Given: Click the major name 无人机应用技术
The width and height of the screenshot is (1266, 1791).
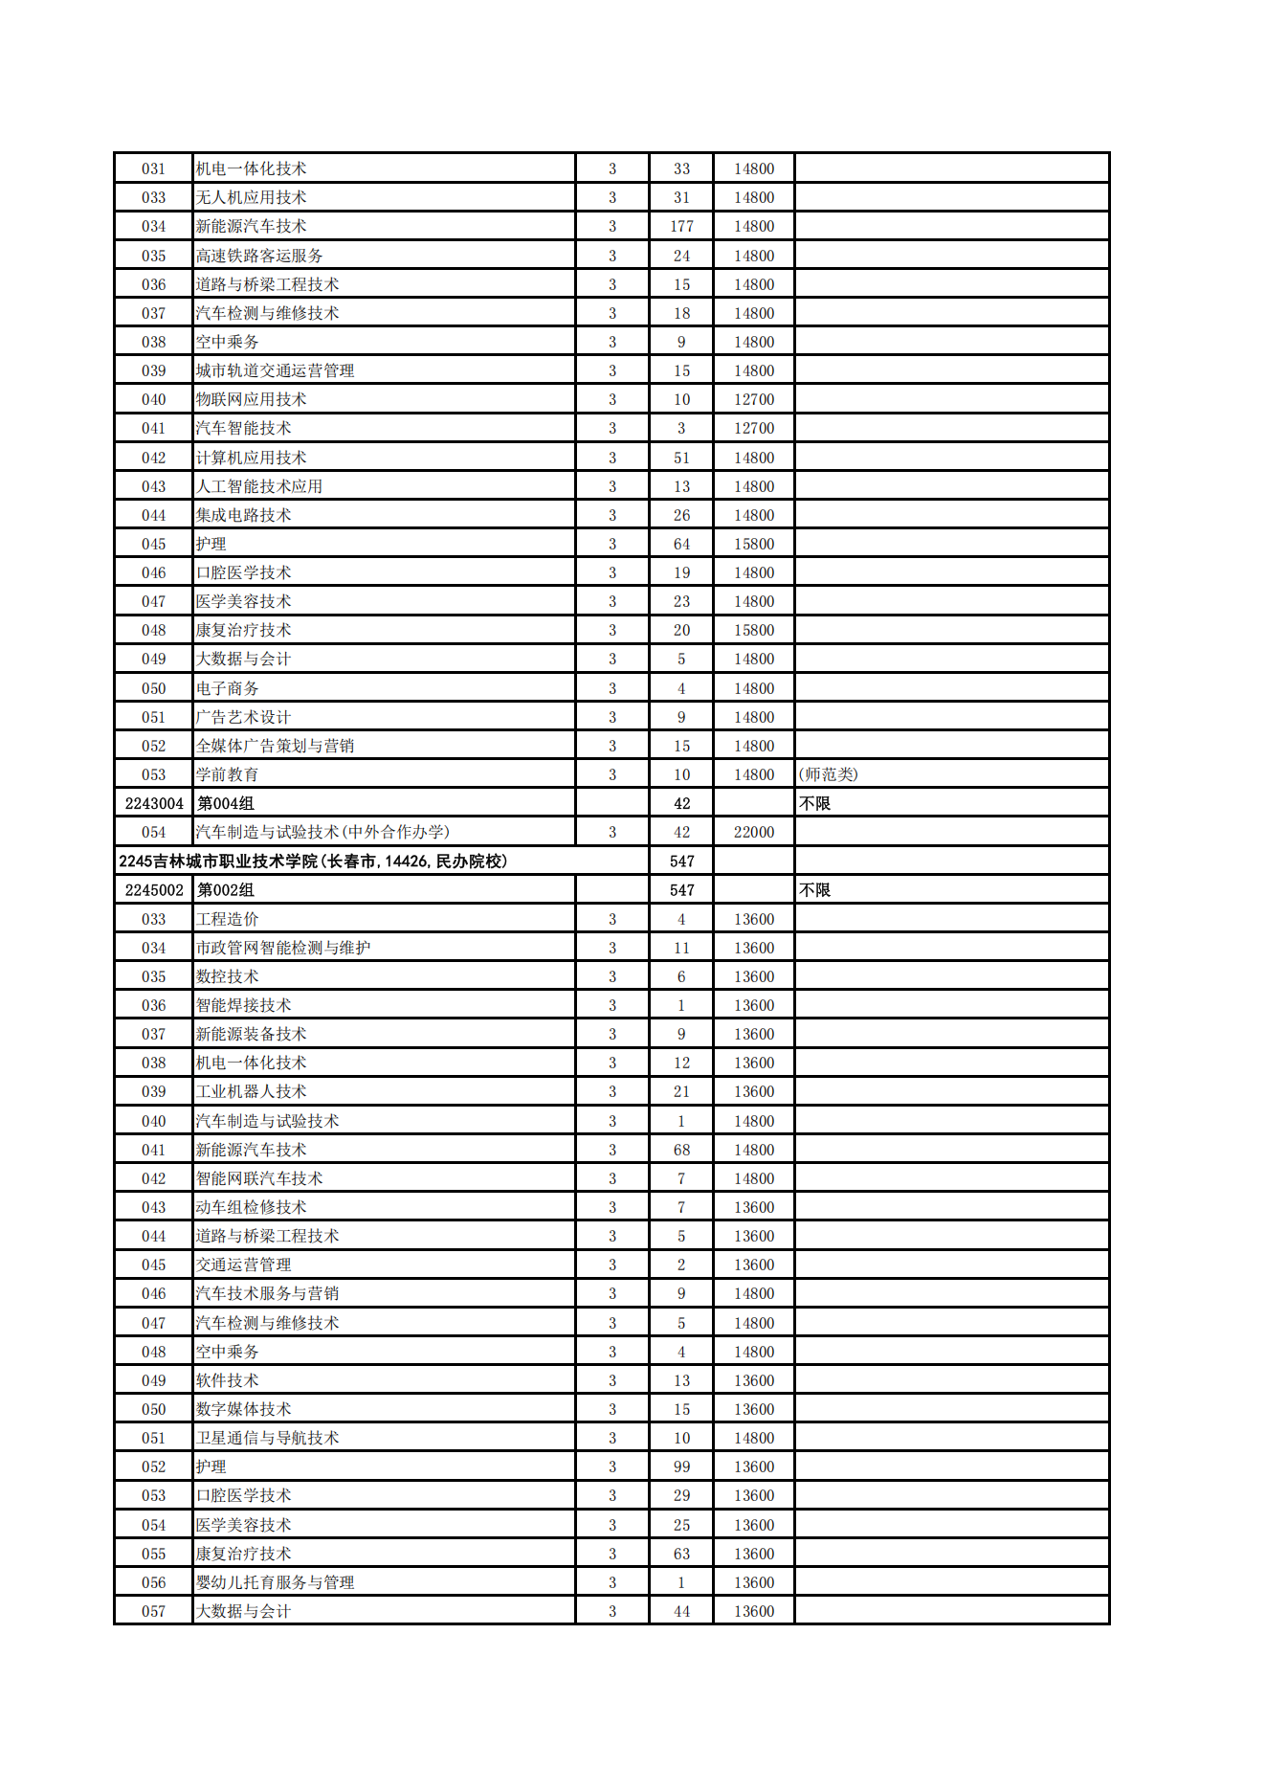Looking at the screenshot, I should click(x=251, y=197).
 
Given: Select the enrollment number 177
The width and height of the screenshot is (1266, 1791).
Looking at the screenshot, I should click(x=681, y=226).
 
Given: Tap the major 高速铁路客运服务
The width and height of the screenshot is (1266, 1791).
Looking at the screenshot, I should click(x=259, y=256).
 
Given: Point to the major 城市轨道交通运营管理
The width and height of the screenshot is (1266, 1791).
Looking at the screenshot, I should click(x=275, y=370).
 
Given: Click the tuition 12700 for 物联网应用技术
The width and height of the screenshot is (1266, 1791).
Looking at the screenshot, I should click(x=754, y=399).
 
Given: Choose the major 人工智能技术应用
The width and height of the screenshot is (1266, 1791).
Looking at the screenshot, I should click(x=259, y=486).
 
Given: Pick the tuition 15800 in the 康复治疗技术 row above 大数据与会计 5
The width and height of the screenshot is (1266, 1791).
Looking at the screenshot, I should click(x=754, y=630).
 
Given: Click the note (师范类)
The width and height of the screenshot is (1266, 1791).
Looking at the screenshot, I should click(x=828, y=774).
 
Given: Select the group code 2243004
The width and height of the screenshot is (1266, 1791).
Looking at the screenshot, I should click(x=154, y=803).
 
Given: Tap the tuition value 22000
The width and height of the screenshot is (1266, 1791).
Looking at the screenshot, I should click(x=754, y=832).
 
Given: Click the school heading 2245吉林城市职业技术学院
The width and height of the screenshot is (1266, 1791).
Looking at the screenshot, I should click(x=313, y=862).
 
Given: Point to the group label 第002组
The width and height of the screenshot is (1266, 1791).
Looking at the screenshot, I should click(x=226, y=890).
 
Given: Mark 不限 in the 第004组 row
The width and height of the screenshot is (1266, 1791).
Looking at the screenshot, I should click(x=814, y=803).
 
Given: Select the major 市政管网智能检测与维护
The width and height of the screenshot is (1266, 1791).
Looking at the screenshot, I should click(x=283, y=948).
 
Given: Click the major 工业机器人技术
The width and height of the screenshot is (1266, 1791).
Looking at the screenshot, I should click(x=251, y=1091).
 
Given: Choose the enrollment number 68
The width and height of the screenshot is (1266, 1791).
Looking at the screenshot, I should click(x=681, y=1150).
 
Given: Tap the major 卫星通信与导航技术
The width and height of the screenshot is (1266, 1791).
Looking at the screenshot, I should click(x=267, y=1438).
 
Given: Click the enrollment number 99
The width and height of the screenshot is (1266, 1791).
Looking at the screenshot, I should click(x=681, y=1466).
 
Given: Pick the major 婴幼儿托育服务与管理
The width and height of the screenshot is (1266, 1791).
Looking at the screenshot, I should click(x=275, y=1582).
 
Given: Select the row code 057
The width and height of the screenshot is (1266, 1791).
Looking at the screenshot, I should click(x=154, y=1611).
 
